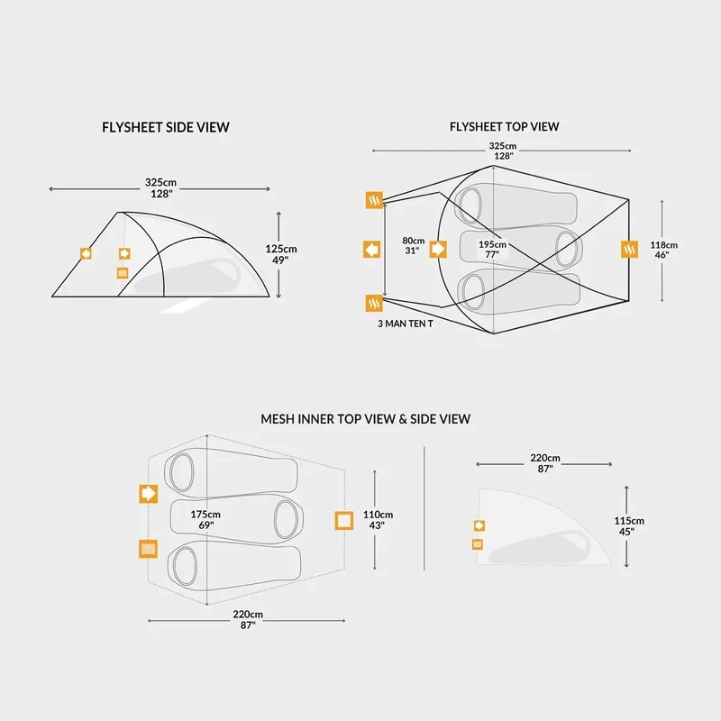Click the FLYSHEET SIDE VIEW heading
(166, 127)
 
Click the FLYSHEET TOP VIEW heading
(504, 127)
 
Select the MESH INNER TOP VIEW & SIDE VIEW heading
(365, 419)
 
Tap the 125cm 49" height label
(283, 254)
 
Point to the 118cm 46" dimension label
(664, 250)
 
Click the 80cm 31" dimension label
(413, 246)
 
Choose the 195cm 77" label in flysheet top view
(492, 250)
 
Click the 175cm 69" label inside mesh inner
(205, 519)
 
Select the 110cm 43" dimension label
(378, 520)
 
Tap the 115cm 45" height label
(629, 526)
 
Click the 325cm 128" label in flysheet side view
(160, 187)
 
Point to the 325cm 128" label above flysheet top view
(502, 151)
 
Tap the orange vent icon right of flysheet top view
(630, 249)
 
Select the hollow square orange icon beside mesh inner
(343, 520)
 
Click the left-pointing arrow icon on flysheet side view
(86, 254)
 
